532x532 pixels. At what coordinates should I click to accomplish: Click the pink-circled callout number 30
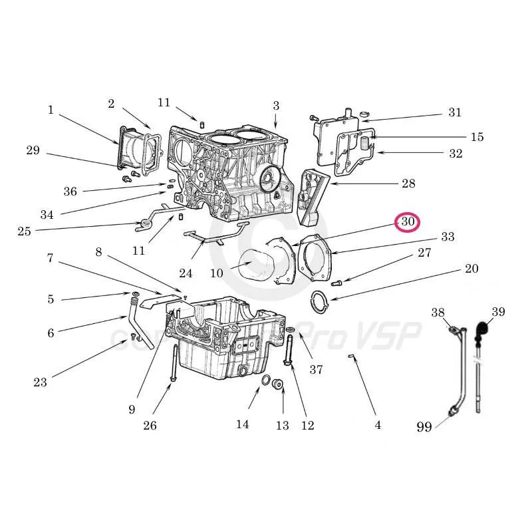[x=408, y=222]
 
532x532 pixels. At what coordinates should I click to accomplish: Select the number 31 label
[x=454, y=112]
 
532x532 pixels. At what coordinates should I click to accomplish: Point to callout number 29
[x=33, y=150]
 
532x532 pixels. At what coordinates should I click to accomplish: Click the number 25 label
[x=24, y=231]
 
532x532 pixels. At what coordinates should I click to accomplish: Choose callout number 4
[x=378, y=425]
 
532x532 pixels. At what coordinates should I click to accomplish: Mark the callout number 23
[x=40, y=382]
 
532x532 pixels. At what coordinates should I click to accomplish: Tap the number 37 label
[x=316, y=370]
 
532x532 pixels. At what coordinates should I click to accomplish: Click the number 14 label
[x=242, y=424]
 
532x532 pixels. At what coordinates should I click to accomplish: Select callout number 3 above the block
[x=275, y=105]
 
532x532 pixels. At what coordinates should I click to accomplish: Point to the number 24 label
[x=186, y=273]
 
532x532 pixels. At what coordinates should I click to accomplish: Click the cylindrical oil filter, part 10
[x=254, y=266]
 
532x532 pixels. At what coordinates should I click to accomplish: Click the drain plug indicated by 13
[x=279, y=384]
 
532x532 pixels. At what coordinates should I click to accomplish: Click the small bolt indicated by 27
[x=336, y=283]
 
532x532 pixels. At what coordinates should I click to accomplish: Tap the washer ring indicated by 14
[x=265, y=381]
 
